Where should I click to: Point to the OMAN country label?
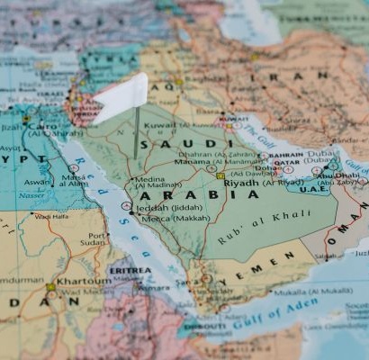point(341,231)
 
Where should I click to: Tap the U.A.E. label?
point(314,189)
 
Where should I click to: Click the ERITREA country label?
point(130,269)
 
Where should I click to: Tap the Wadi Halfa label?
point(51,216)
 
